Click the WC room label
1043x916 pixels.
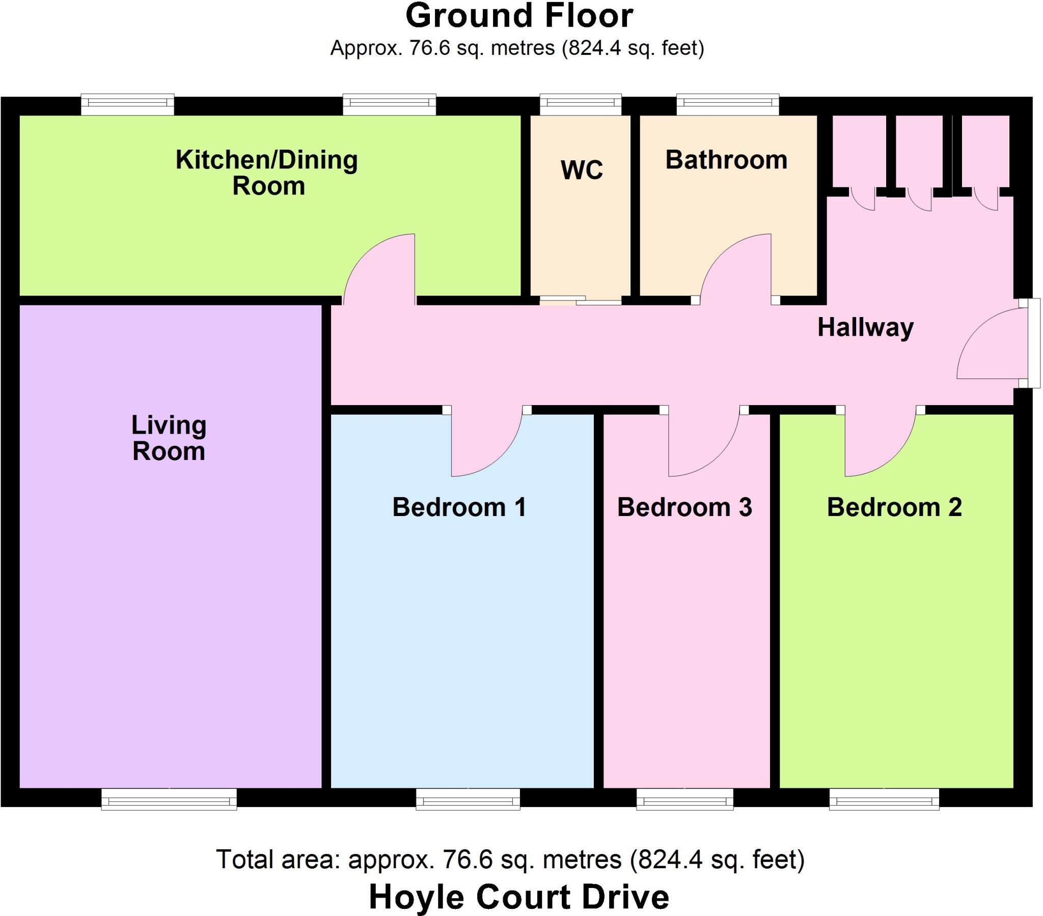(582, 170)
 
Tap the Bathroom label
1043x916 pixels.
(726, 160)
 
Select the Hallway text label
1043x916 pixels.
(865, 327)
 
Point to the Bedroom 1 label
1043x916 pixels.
(459, 507)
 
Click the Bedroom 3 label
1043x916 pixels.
(685, 507)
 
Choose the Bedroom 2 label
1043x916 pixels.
(894, 507)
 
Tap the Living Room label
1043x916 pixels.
(169, 438)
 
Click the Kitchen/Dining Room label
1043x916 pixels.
(267, 173)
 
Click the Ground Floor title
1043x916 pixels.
(519, 15)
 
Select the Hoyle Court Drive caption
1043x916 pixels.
(519, 897)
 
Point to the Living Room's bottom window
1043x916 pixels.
(169, 799)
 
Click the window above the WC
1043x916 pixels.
(581, 104)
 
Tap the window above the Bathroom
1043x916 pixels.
(728, 104)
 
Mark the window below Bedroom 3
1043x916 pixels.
(685, 799)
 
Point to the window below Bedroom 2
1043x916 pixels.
(884, 799)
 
